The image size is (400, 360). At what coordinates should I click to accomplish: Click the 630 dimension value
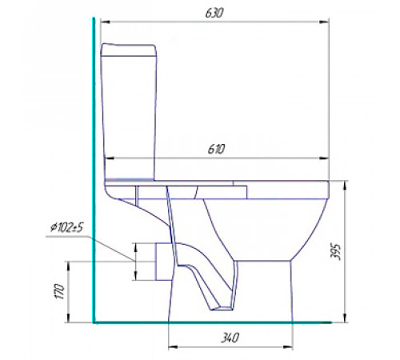click(214, 13)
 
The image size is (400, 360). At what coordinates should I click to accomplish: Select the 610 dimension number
click(216, 149)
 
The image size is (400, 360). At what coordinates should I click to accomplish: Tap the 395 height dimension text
click(335, 251)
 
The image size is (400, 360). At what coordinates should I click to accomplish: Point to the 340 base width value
click(230, 338)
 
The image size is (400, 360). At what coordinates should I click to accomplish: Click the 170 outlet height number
click(60, 292)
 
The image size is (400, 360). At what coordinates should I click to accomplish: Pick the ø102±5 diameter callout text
click(67, 228)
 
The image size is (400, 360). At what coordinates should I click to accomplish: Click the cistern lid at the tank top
click(128, 50)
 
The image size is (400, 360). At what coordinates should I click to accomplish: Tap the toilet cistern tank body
click(129, 118)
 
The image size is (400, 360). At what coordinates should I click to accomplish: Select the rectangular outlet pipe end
click(163, 262)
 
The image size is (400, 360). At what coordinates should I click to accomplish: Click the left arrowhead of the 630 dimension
click(106, 22)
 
